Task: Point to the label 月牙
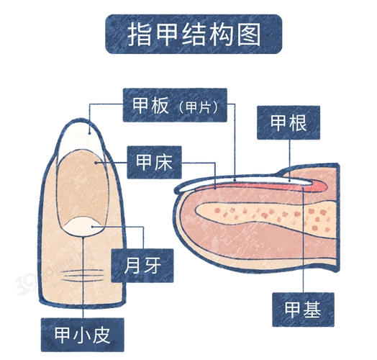pyautogui.click(x=145, y=266)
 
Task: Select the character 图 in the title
pyautogui.click(x=247, y=34)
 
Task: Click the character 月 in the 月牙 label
pyautogui.click(x=134, y=266)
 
